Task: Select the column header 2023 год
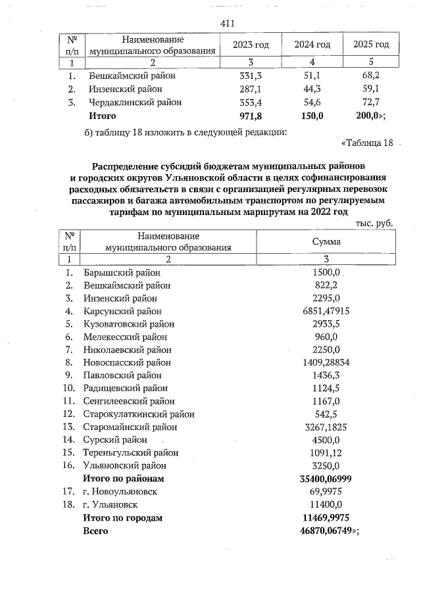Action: tap(251, 45)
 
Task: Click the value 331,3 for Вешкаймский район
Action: tap(251, 75)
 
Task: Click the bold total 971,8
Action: tap(251, 116)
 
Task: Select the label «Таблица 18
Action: tap(367, 143)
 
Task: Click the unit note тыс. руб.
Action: tap(374, 224)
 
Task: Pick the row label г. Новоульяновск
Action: tap(120, 491)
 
